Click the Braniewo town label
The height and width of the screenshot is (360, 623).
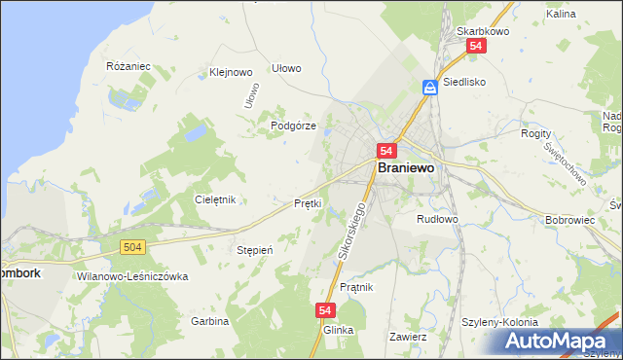click(x=407, y=167)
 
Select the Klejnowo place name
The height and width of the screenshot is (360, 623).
click(x=231, y=72)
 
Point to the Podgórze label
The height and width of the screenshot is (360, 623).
click(x=293, y=126)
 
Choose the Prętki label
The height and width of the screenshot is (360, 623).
click(x=308, y=203)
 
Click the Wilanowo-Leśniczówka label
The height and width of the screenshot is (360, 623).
click(x=131, y=276)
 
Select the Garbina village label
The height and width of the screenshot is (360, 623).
click(x=209, y=321)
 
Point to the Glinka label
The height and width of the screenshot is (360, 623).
click(x=337, y=330)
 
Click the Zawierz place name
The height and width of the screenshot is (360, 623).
click(x=408, y=337)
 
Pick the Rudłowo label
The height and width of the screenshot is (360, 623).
click(x=437, y=219)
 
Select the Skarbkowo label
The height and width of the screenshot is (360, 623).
click(x=479, y=31)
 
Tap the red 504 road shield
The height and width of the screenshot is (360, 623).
click(x=134, y=248)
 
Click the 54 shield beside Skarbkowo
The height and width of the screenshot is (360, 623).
click(x=475, y=46)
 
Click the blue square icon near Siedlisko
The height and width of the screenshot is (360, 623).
click(x=429, y=87)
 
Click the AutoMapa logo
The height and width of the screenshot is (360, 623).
click(x=559, y=342)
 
